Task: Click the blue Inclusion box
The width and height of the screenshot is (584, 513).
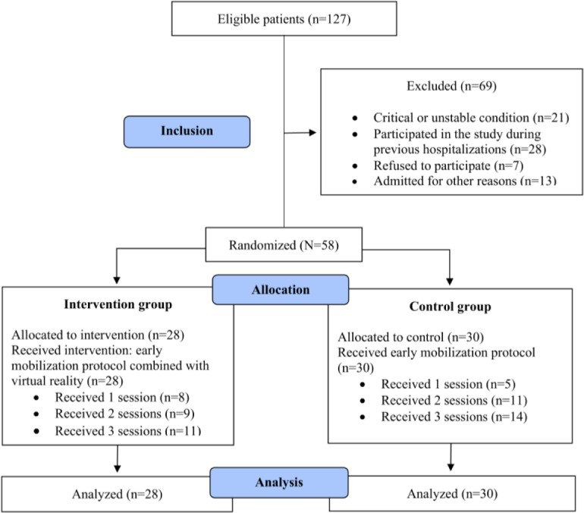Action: click(x=187, y=132)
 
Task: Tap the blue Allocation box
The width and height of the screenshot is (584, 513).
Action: click(x=281, y=290)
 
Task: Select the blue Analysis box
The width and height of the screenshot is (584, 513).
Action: click(x=279, y=483)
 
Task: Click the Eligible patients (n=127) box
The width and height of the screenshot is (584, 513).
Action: click(x=284, y=19)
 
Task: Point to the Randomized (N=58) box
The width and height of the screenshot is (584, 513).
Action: click(x=284, y=245)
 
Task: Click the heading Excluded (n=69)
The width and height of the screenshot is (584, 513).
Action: click(x=451, y=86)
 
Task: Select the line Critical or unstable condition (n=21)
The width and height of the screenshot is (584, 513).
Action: click(x=471, y=118)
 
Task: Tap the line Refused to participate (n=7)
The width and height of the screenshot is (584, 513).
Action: click(x=448, y=165)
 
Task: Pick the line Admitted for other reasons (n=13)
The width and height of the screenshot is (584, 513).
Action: click(x=465, y=181)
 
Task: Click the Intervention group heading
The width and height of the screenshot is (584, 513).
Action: click(x=118, y=304)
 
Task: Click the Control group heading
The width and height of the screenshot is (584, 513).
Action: click(x=451, y=307)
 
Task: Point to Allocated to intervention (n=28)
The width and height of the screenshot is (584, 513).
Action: click(x=98, y=335)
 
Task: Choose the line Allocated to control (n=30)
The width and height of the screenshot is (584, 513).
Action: click(x=411, y=337)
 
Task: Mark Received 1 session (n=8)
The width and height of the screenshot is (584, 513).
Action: click(x=122, y=397)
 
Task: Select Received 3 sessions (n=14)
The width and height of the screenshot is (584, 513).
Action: click(x=454, y=417)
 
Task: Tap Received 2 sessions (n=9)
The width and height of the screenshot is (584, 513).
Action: click(x=125, y=414)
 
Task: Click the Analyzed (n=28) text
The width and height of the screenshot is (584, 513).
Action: click(x=118, y=494)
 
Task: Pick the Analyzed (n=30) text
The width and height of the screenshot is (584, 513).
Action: click(x=452, y=493)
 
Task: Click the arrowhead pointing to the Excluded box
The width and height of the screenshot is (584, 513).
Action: click(x=312, y=132)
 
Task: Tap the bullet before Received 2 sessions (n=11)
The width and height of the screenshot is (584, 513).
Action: click(x=363, y=401)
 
